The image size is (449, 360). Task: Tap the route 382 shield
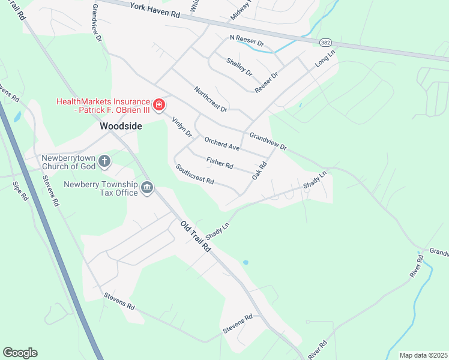[325, 43]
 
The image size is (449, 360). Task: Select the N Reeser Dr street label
[247, 41]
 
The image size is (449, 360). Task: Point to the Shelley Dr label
[240, 67]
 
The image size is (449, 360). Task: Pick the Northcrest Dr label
[211, 100]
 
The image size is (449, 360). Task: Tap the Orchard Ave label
[221, 143]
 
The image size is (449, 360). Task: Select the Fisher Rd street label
[219, 163]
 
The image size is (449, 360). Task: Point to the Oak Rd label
[259, 170]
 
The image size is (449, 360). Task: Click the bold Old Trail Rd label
[196, 236]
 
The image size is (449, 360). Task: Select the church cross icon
[104, 161]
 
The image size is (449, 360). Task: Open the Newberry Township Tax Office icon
[147, 189]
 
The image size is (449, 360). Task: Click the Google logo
[20, 353]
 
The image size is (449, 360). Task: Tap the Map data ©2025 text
[423, 355]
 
